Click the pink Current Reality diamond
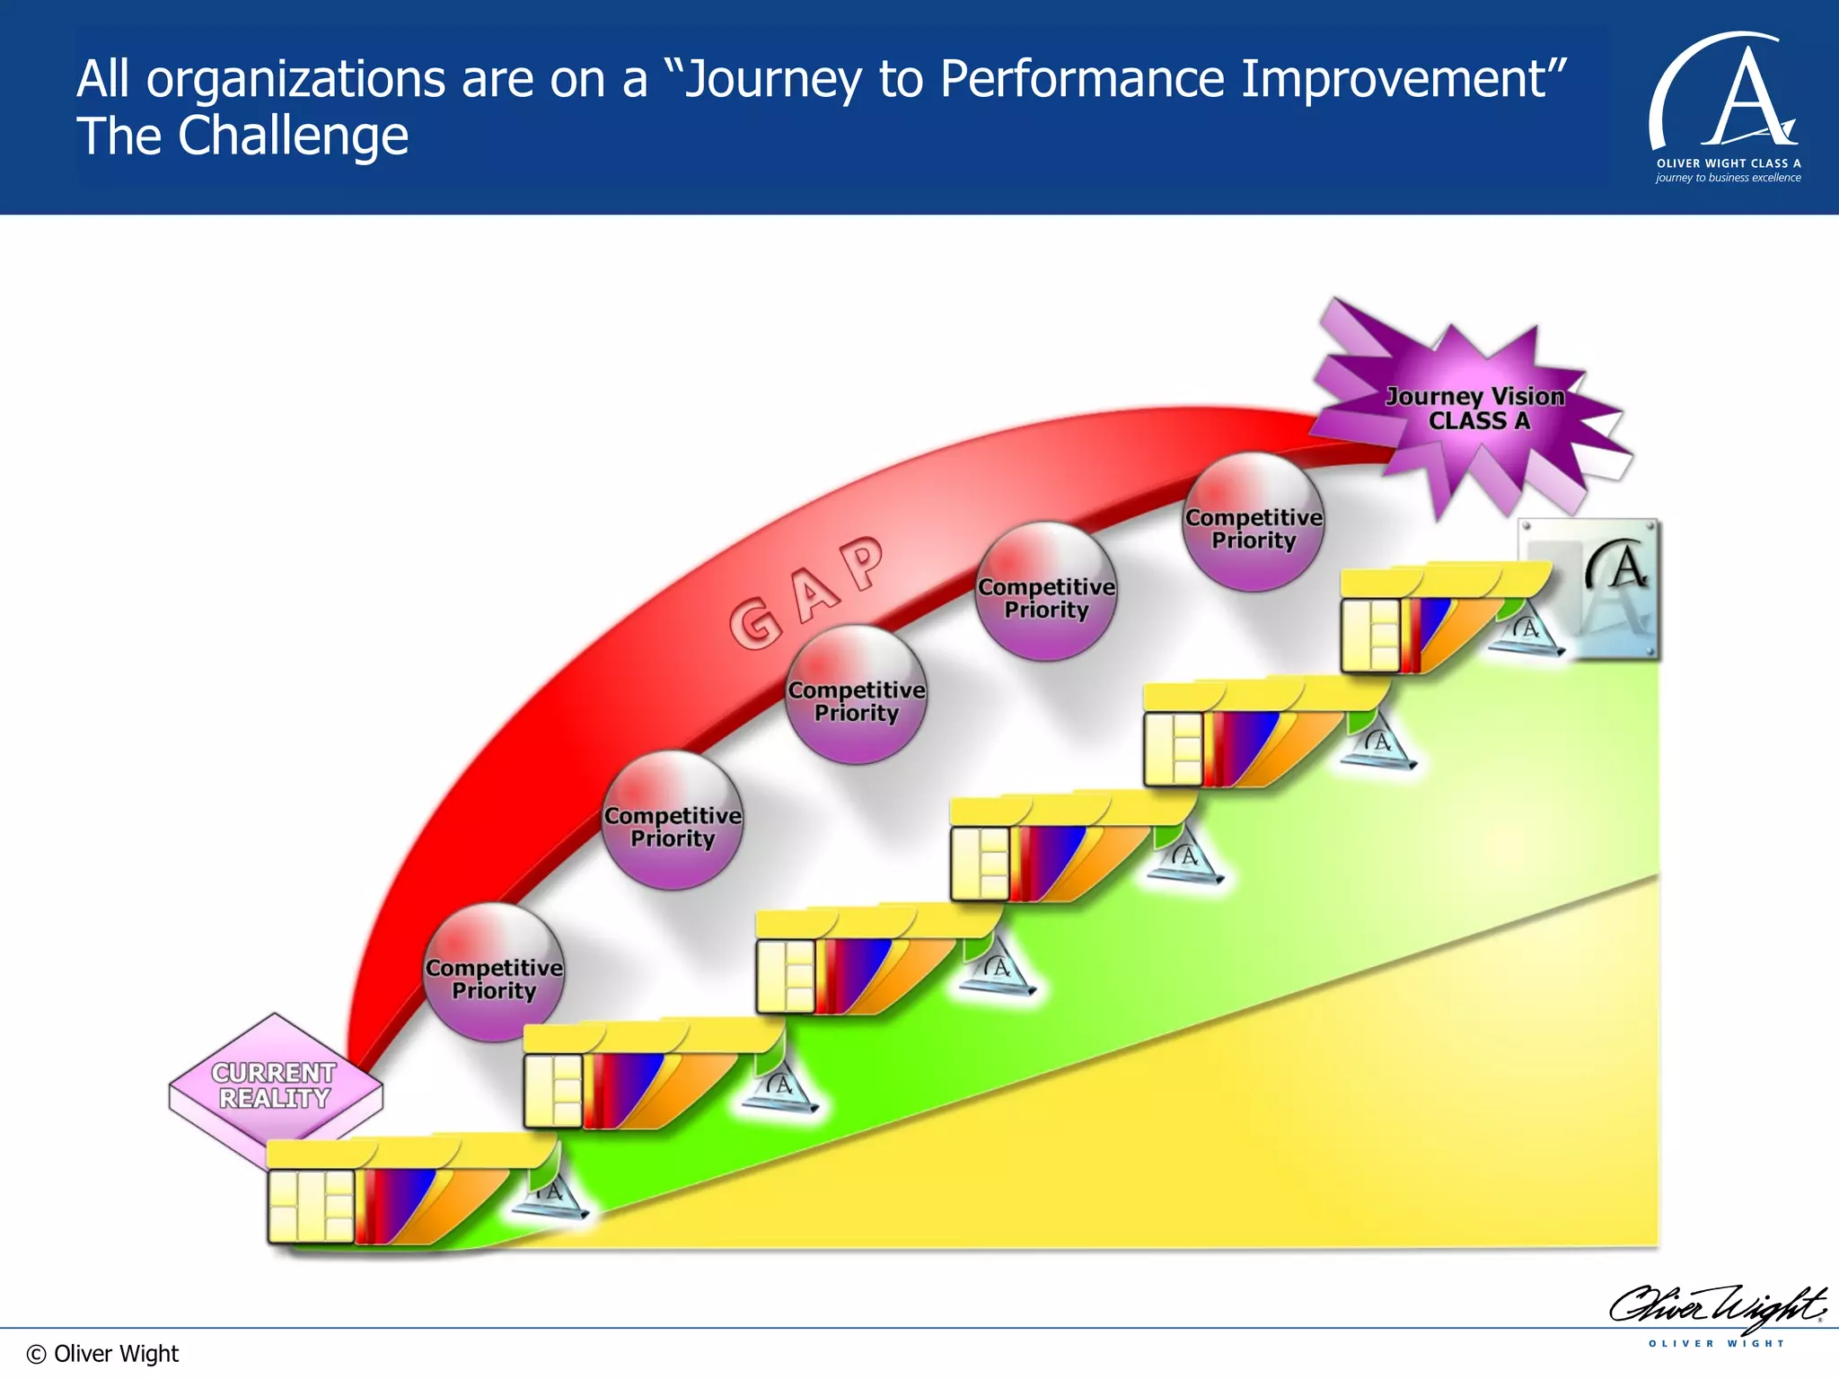[x=275, y=1086]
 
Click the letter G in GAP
[x=755, y=623]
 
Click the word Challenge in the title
[x=293, y=136]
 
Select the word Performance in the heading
[x=1081, y=79]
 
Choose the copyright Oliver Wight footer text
[x=103, y=1353]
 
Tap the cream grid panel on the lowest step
[x=311, y=1206]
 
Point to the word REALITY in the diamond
[x=275, y=1098]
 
